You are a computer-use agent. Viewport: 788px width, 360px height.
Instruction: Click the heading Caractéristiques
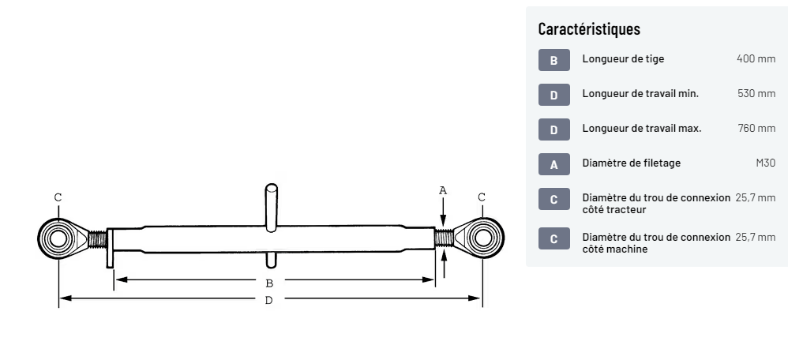[x=588, y=29]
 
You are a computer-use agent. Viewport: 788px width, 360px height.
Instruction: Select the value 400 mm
[x=756, y=59]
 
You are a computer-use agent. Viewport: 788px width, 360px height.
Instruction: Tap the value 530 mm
[x=756, y=94]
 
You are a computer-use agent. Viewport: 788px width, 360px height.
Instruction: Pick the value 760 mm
[x=756, y=129]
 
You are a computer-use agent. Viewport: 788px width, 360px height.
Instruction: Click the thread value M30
[x=765, y=163]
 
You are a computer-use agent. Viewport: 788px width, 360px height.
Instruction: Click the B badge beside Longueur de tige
[x=553, y=60]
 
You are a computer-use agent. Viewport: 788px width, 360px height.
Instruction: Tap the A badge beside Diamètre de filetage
[x=553, y=164]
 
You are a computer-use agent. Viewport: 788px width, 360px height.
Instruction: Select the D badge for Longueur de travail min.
[x=553, y=95]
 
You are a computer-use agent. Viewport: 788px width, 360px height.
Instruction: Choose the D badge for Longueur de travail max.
[x=553, y=129]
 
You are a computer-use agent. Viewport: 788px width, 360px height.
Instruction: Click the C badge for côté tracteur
[x=553, y=199]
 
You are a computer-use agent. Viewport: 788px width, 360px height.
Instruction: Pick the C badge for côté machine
[x=553, y=238]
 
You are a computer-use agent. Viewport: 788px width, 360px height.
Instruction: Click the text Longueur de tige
[x=623, y=59]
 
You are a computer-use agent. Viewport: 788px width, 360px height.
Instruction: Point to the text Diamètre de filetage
[x=631, y=163]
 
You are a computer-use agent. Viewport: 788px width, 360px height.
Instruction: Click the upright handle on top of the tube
[x=271, y=206]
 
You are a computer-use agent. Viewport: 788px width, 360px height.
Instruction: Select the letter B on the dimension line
[x=269, y=282]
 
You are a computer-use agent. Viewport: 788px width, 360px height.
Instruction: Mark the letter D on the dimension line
[x=269, y=300]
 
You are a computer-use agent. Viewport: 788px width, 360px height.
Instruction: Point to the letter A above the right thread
[x=443, y=189]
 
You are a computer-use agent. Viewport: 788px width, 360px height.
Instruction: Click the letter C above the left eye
[x=58, y=197]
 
